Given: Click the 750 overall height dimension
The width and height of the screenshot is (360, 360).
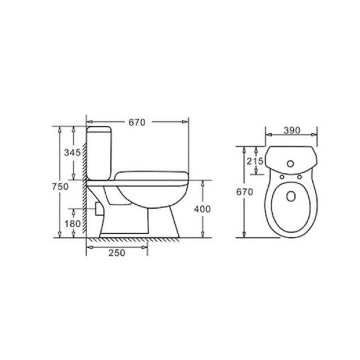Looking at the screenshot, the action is coord(60,187).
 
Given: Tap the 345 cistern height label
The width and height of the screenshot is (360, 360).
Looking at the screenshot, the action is coord(73,152).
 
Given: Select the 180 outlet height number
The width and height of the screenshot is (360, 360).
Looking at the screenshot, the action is coord(73,224).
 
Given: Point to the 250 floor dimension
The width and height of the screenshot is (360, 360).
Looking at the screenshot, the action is coord(117,253).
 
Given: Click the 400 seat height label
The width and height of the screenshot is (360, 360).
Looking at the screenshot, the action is coord(202,209).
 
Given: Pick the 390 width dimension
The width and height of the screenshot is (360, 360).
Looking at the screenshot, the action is coord(292,130).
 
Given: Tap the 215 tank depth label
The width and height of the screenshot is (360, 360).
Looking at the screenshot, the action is coord(255,161).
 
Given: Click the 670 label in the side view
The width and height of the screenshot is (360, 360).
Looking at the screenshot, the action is coord(137,123).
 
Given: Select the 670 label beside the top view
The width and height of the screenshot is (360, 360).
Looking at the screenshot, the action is coord(245,192).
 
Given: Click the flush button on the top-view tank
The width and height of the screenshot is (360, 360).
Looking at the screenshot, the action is coord(290,164).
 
